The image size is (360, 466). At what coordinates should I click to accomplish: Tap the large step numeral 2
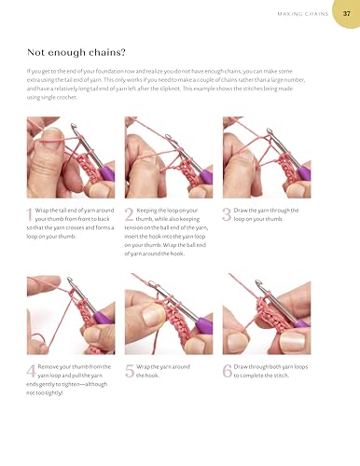click(130, 216)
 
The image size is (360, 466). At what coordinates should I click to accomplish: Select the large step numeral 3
click(227, 215)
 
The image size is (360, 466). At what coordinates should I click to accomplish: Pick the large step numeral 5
click(130, 371)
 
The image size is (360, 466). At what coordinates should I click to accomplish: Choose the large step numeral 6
click(227, 371)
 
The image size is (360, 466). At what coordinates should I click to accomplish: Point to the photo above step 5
click(169, 314)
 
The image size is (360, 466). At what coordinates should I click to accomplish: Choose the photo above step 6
click(267, 314)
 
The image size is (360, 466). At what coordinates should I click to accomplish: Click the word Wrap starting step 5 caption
click(145, 367)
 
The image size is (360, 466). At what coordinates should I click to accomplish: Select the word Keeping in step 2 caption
click(151, 212)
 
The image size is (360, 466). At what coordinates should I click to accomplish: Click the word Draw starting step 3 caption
click(242, 212)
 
